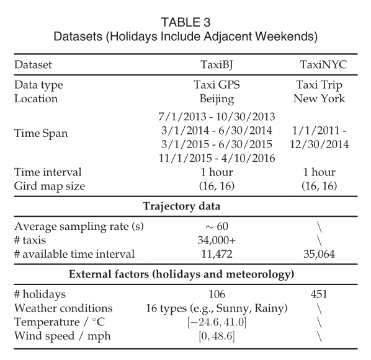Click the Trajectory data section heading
185,206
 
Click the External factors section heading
185,274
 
